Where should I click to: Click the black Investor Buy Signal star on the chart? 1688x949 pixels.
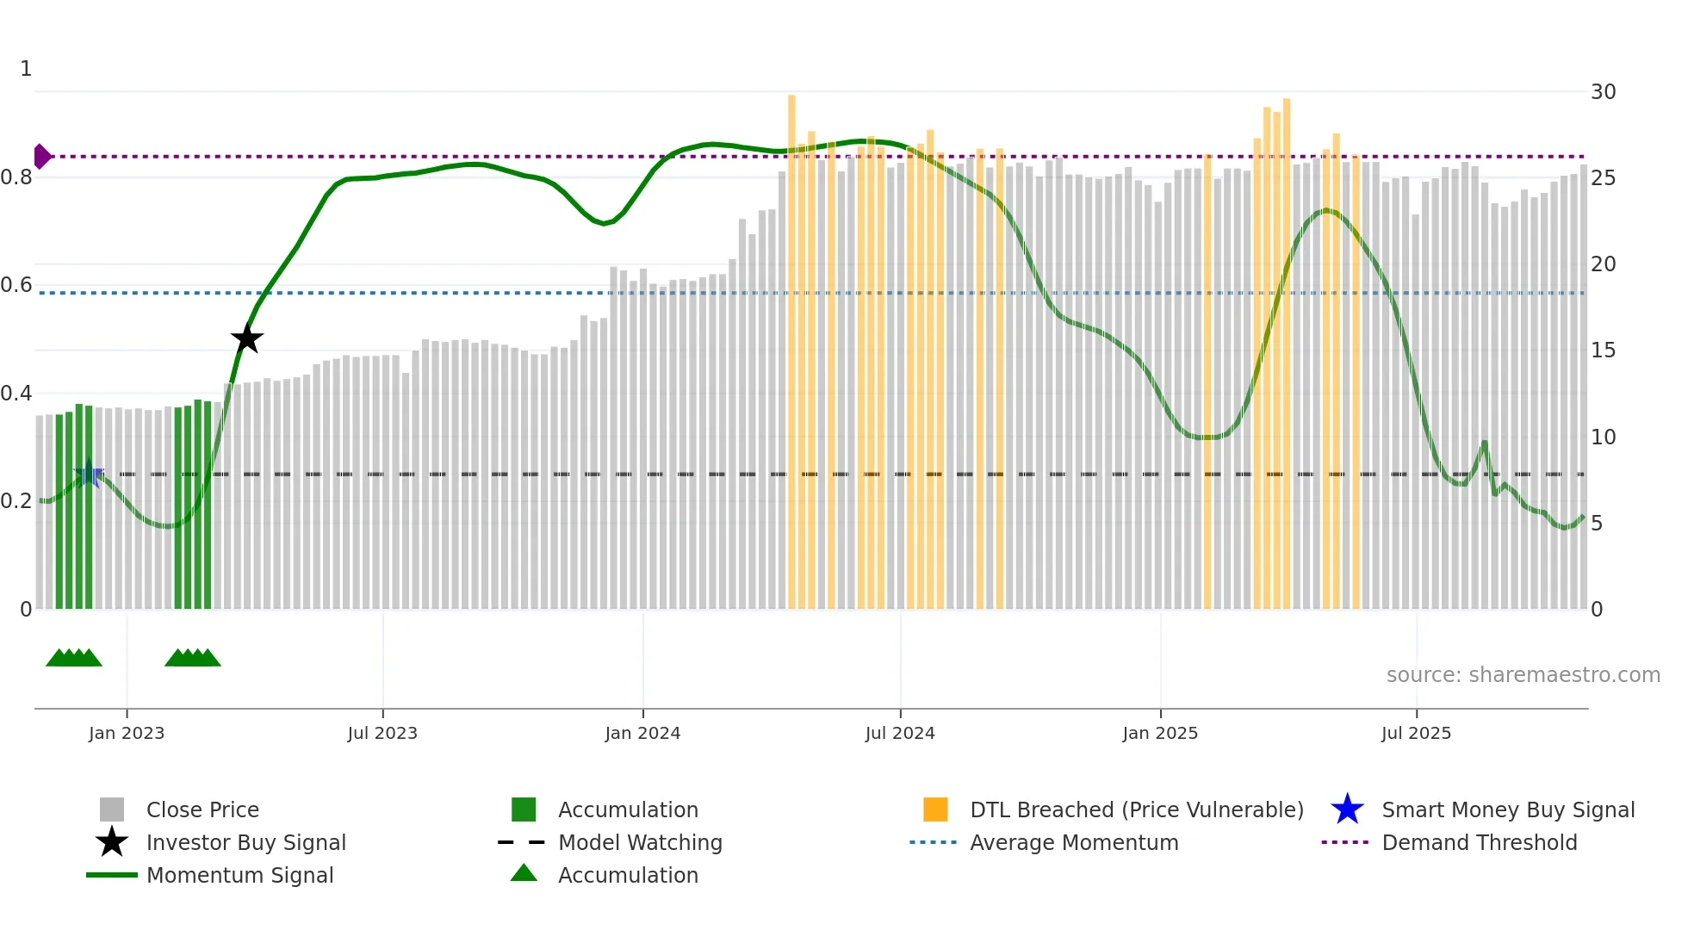(247, 339)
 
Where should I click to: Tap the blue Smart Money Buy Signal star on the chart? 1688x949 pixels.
(88, 474)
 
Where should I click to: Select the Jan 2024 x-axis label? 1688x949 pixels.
(642, 733)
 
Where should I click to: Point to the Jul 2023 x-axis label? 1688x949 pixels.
(382, 733)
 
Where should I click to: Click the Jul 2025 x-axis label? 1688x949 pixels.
(1416, 733)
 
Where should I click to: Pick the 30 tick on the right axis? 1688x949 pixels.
(1603, 92)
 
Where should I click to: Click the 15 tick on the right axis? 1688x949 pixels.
(1603, 350)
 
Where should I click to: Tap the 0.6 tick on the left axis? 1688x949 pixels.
(16, 285)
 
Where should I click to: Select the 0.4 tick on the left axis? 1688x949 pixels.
(16, 394)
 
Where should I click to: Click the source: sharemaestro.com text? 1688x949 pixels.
(1523, 675)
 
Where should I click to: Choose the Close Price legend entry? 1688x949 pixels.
(202, 809)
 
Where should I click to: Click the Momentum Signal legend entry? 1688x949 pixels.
(239, 875)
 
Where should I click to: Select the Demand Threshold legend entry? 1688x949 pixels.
(1479, 842)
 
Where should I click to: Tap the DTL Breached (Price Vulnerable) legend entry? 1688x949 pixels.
(1136, 809)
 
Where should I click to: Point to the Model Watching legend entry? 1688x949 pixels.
(640, 842)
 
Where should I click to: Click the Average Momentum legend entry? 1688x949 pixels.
(1074, 842)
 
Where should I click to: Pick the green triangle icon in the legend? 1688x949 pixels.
(524, 873)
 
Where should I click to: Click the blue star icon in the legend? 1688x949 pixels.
(1347, 809)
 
